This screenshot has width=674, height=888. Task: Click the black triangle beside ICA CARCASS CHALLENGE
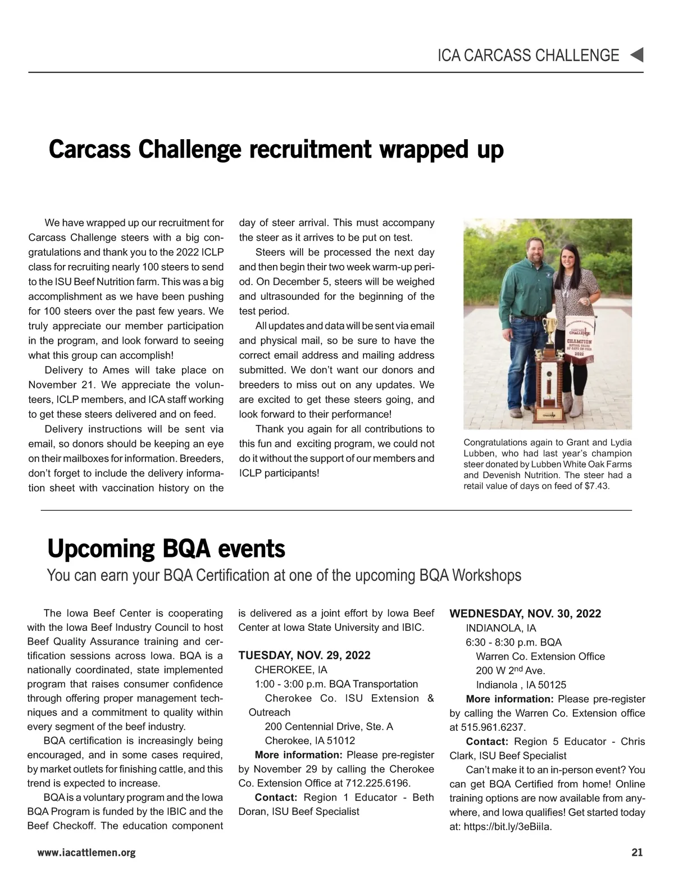pyautogui.click(x=636, y=55)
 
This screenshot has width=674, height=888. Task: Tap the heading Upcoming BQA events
pyautogui.click(x=166, y=548)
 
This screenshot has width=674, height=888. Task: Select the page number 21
pyautogui.click(x=637, y=853)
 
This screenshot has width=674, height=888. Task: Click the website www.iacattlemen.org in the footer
pyautogui.click(x=86, y=853)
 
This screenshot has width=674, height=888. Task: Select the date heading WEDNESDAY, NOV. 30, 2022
pyautogui.click(x=525, y=614)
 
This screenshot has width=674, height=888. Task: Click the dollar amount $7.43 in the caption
pyautogui.click(x=596, y=486)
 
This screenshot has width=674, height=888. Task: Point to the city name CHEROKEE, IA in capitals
pyautogui.click(x=290, y=670)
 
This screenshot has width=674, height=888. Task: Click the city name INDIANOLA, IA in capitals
pyautogui.click(x=500, y=628)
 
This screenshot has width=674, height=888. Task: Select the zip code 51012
pyautogui.click(x=339, y=740)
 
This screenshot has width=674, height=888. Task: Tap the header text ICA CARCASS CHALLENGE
pyautogui.click(x=528, y=55)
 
